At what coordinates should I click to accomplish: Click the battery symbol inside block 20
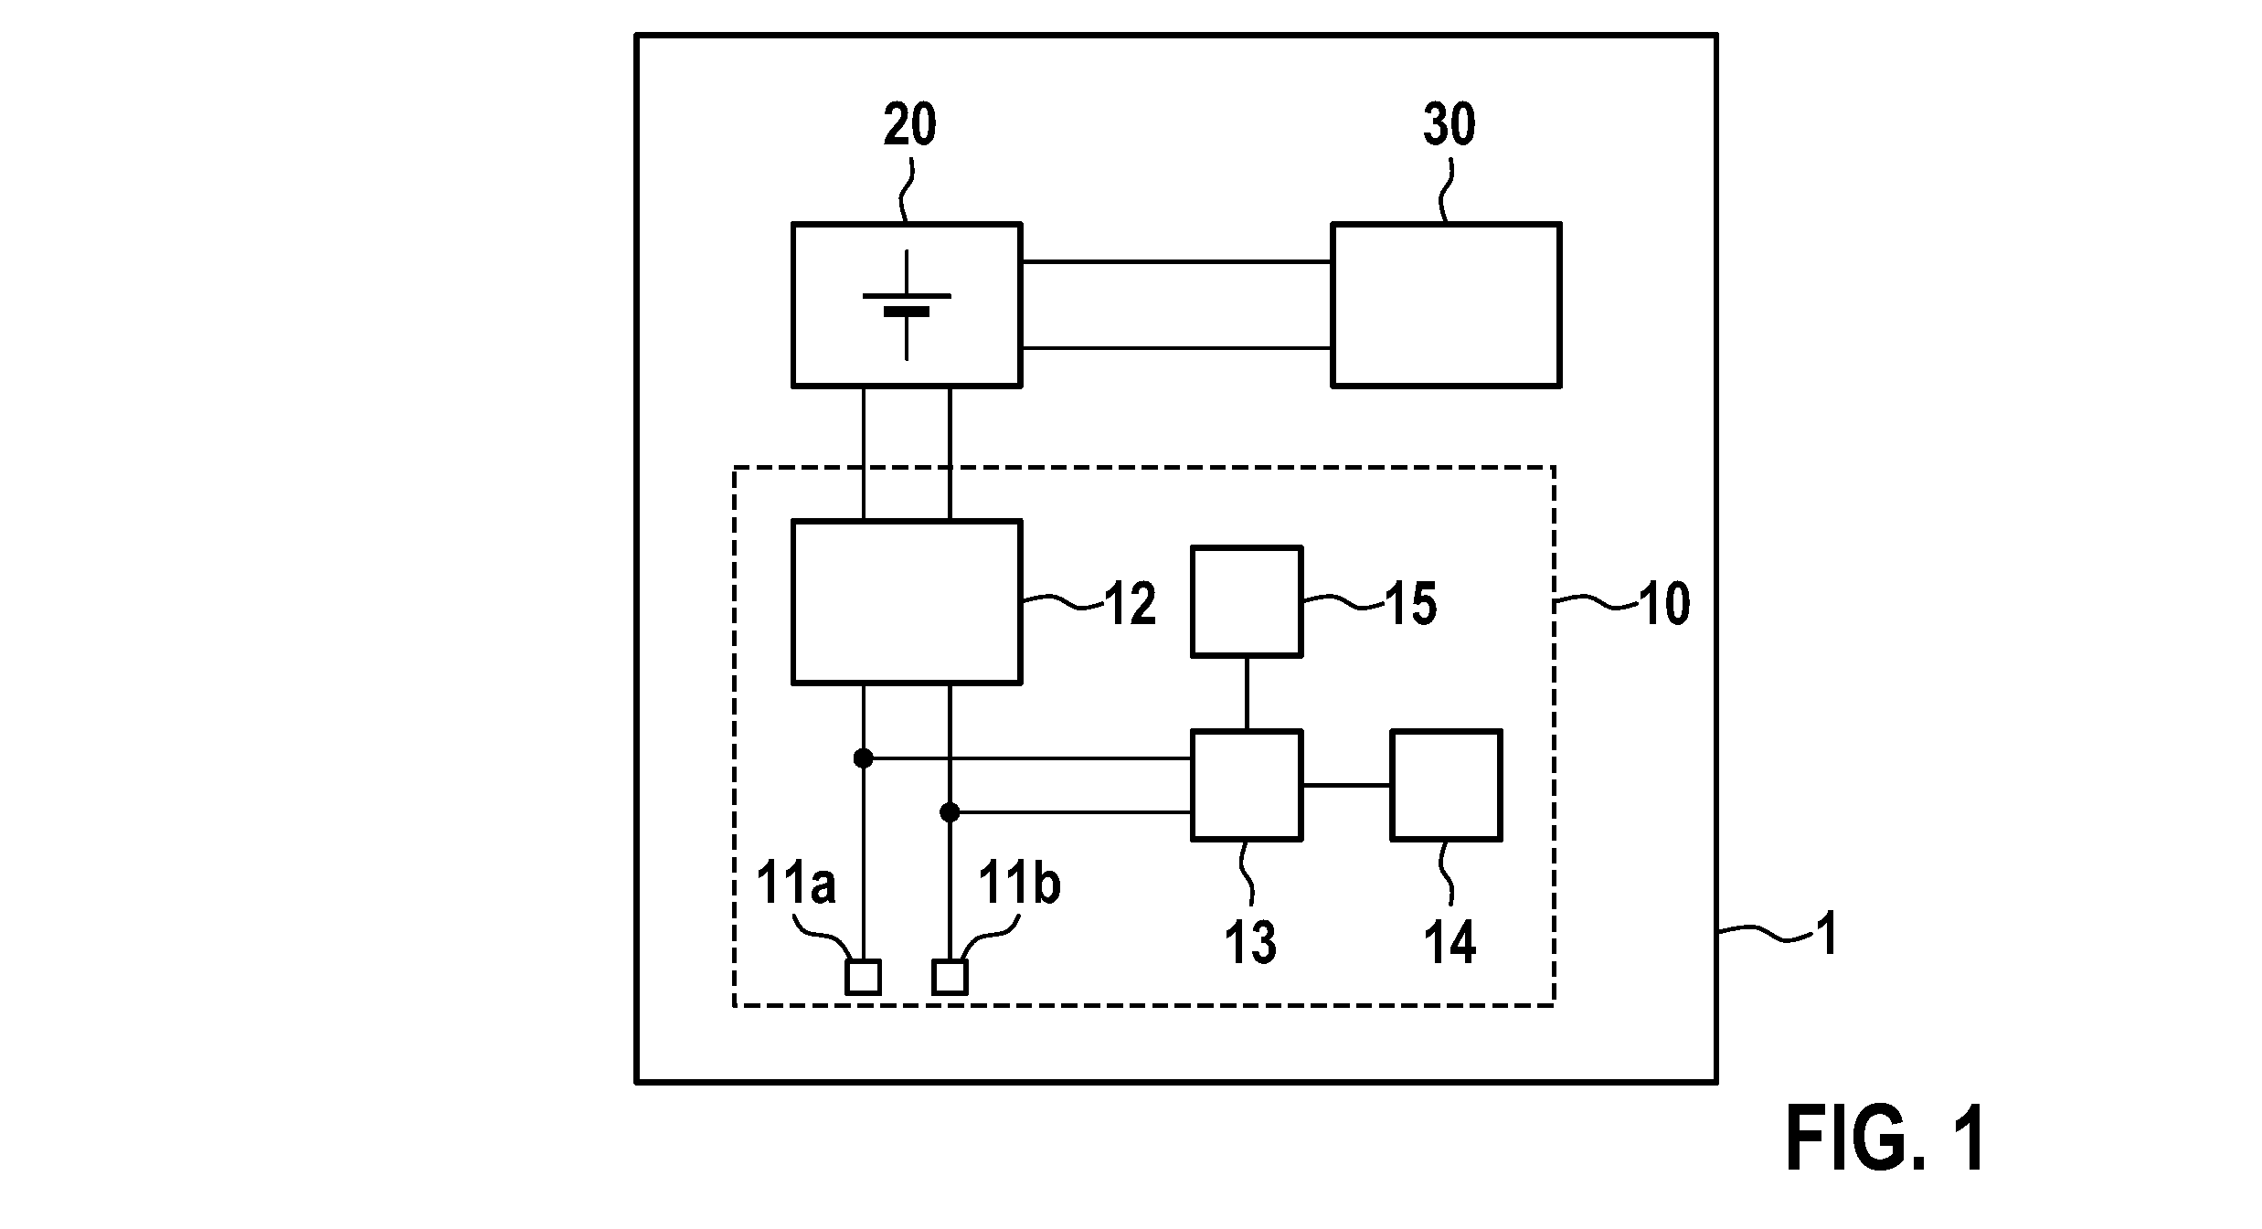907,305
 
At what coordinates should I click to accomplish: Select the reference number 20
909,125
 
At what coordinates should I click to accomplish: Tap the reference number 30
1449,125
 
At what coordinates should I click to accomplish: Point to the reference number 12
1131,604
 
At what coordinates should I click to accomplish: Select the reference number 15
1411,604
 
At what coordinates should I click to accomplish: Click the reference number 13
1249,942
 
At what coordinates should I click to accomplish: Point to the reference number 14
1450,942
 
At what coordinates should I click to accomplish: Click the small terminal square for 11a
863,978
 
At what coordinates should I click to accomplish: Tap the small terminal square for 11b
950,978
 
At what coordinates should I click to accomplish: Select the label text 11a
796,884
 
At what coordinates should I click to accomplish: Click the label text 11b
1019,884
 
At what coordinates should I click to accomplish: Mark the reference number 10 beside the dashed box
1664,604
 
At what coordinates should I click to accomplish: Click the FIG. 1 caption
1885,1139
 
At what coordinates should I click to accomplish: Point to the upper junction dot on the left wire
863,758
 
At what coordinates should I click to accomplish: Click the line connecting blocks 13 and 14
1346,785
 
